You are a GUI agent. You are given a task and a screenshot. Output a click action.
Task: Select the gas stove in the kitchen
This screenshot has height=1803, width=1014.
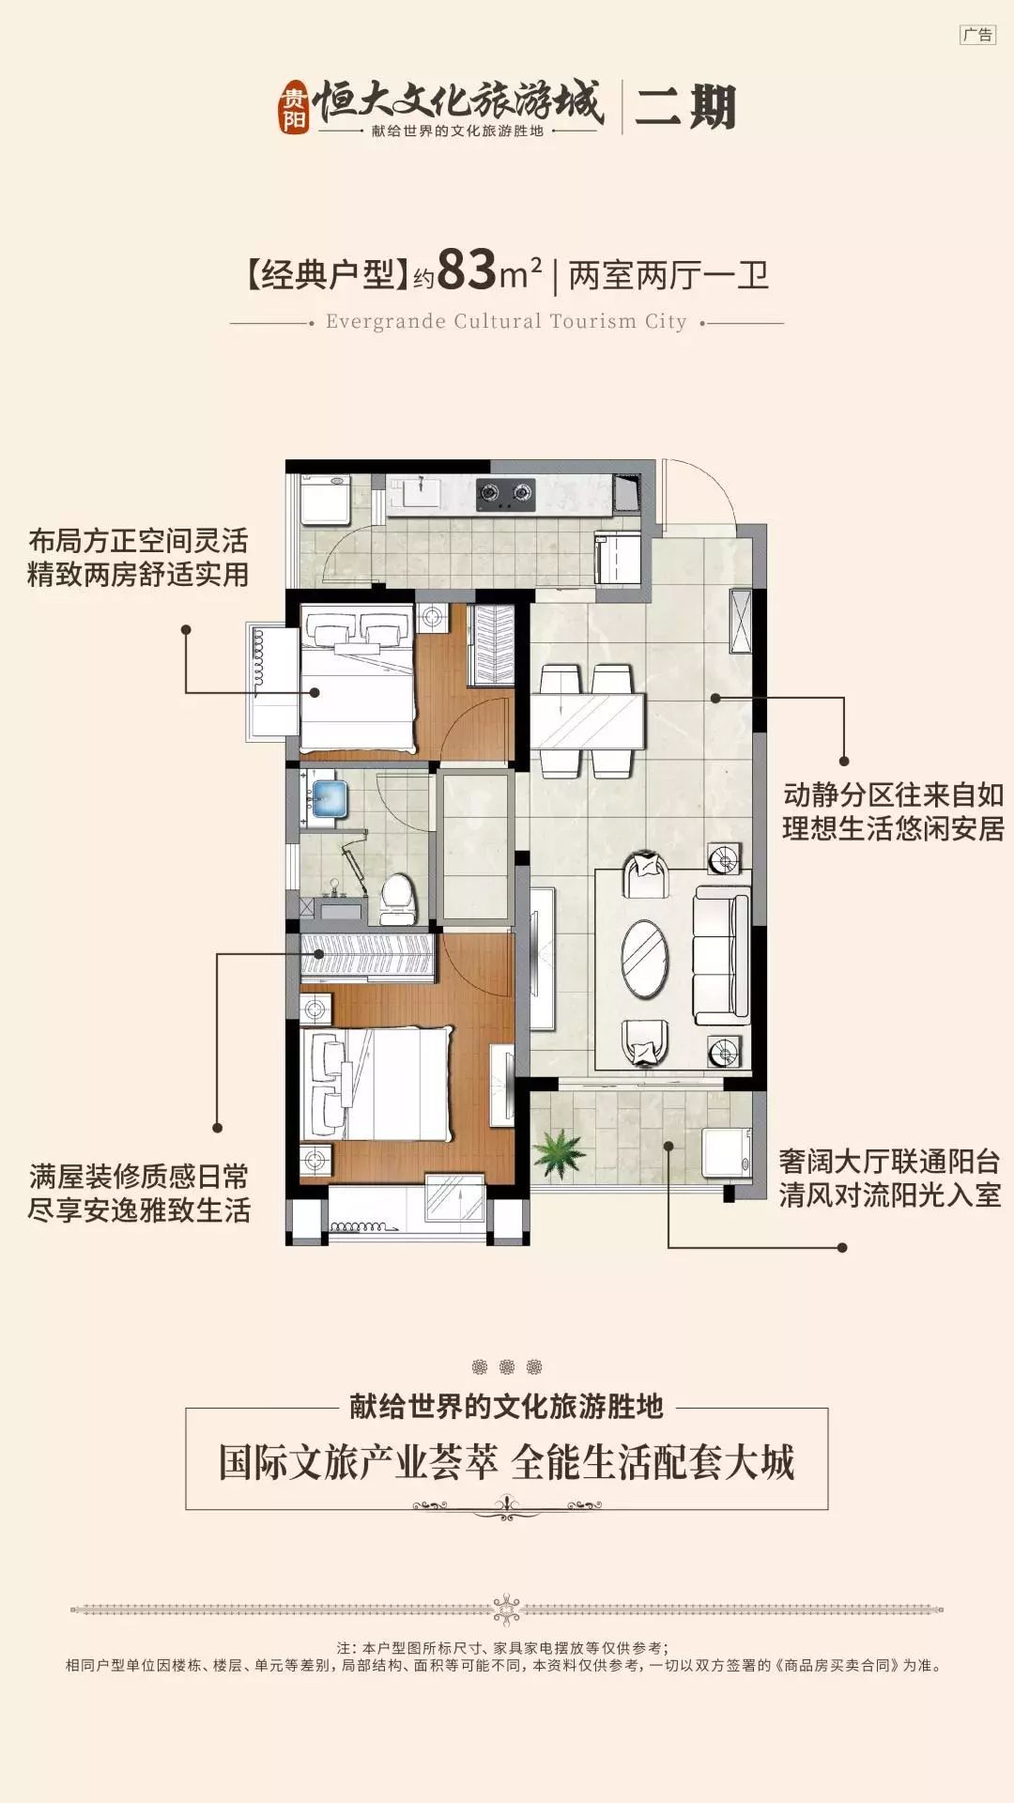coord(505,493)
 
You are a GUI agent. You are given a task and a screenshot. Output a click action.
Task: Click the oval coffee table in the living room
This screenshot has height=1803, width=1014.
coord(645,959)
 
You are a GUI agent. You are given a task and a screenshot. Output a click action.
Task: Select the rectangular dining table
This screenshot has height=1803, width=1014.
coord(588,720)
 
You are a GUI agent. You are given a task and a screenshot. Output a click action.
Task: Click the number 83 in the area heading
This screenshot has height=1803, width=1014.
coord(467,271)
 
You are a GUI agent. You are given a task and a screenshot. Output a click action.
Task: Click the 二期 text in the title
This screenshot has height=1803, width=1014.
coord(685,107)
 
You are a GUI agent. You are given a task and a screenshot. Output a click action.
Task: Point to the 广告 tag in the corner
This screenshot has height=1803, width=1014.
coord(977,35)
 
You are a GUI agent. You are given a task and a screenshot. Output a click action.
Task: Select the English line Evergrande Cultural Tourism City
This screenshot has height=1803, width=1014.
coord(506,321)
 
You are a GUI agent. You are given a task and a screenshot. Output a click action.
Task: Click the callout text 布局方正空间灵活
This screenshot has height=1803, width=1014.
coord(138,541)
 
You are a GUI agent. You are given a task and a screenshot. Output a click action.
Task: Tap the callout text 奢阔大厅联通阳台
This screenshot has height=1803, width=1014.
coord(888,1162)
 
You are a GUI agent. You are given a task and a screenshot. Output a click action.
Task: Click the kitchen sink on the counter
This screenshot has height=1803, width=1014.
coord(416,492)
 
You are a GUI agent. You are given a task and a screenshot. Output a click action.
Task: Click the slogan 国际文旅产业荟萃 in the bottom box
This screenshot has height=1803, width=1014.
coord(358,1463)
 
